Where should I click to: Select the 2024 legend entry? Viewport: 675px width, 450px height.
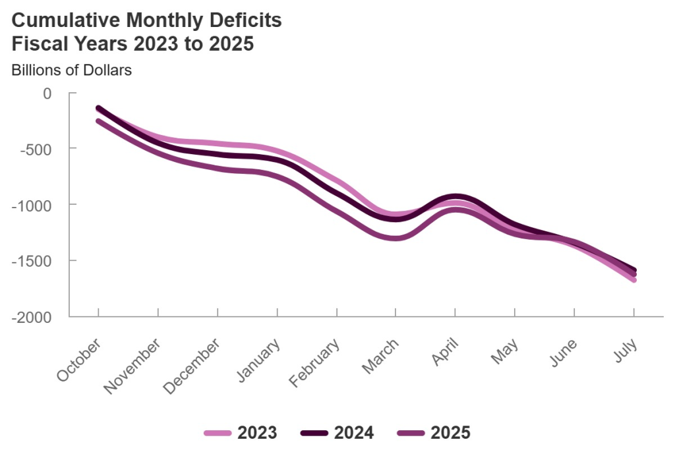337,433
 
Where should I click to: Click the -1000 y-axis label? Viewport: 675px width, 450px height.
31,204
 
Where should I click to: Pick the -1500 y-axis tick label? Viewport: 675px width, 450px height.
31,260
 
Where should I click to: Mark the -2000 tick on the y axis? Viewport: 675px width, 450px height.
31,316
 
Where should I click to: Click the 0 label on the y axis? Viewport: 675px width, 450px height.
47,93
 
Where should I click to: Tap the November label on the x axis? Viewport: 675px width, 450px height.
132,366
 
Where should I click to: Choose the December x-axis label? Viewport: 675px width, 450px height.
192,366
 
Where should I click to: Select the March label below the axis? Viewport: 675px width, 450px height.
380,356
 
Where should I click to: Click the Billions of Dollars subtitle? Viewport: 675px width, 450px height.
71,70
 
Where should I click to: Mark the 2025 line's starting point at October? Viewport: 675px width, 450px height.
98,121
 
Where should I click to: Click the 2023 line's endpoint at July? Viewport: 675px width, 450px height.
633,280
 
